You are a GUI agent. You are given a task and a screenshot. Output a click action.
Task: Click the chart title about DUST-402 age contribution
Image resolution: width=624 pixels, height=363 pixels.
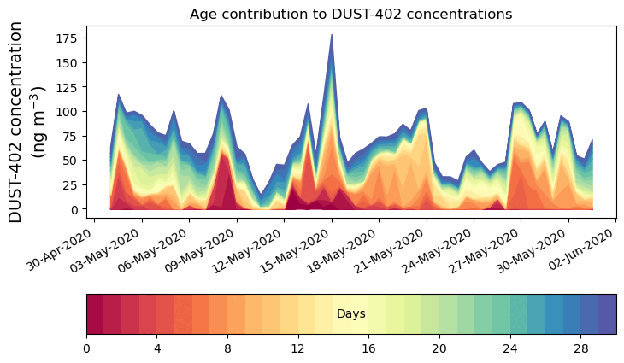tap(350, 14)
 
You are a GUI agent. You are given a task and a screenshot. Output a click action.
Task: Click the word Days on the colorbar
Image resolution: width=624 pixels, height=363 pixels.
tap(350, 314)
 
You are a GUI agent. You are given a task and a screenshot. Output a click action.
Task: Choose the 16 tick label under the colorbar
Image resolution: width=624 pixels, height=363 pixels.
tap(368, 348)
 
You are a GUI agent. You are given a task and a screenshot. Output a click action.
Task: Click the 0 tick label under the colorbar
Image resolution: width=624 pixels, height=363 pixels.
tap(86, 348)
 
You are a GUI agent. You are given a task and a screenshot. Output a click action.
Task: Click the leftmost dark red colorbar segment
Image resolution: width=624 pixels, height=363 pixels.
tap(95, 314)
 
